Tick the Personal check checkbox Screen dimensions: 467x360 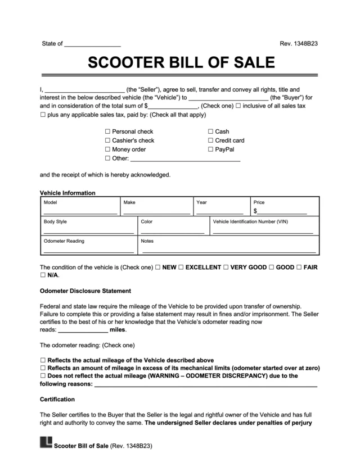click(107, 132)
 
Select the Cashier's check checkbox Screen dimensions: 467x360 click(107, 140)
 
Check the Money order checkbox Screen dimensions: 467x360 click(107, 149)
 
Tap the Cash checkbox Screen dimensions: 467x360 click(210, 132)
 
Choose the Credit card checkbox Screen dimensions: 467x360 click(210, 140)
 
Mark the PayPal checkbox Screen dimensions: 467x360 click(210, 149)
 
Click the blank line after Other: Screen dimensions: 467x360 click(186, 160)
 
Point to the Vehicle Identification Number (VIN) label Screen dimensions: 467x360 click(250, 222)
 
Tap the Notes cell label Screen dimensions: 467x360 click(147, 241)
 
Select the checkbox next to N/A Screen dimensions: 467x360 click(43, 276)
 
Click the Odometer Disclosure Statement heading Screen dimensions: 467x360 click(85, 291)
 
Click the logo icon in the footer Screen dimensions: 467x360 click(46, 444)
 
